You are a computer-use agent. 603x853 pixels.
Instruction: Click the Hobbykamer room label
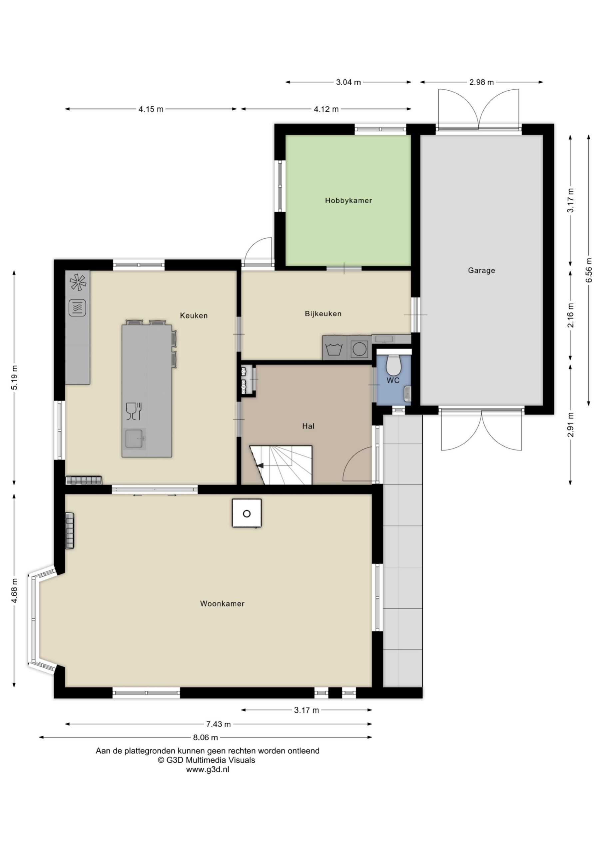[x=348, y=201]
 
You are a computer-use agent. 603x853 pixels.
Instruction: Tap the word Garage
[x=481, y=271]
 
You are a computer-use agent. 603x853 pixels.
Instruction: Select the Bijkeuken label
[x=323, y=314]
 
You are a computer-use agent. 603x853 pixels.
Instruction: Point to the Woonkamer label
[x=222, y=604]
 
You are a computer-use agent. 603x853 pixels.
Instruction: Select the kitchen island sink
[x=134, y=438]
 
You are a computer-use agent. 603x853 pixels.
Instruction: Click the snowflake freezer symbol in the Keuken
[x=78, y=282]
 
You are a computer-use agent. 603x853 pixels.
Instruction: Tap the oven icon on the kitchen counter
[x=77, y=308]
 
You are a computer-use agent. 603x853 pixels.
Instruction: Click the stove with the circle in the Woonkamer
[x=247, y=513]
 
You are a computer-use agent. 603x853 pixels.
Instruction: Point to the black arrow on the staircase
[x=260, y=465]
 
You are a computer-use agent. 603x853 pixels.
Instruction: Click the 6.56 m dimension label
[x=589, y=270]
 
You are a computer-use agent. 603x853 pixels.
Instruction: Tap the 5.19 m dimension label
[x=14, y=378]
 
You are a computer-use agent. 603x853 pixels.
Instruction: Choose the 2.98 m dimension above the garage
[x=481, y=82]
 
